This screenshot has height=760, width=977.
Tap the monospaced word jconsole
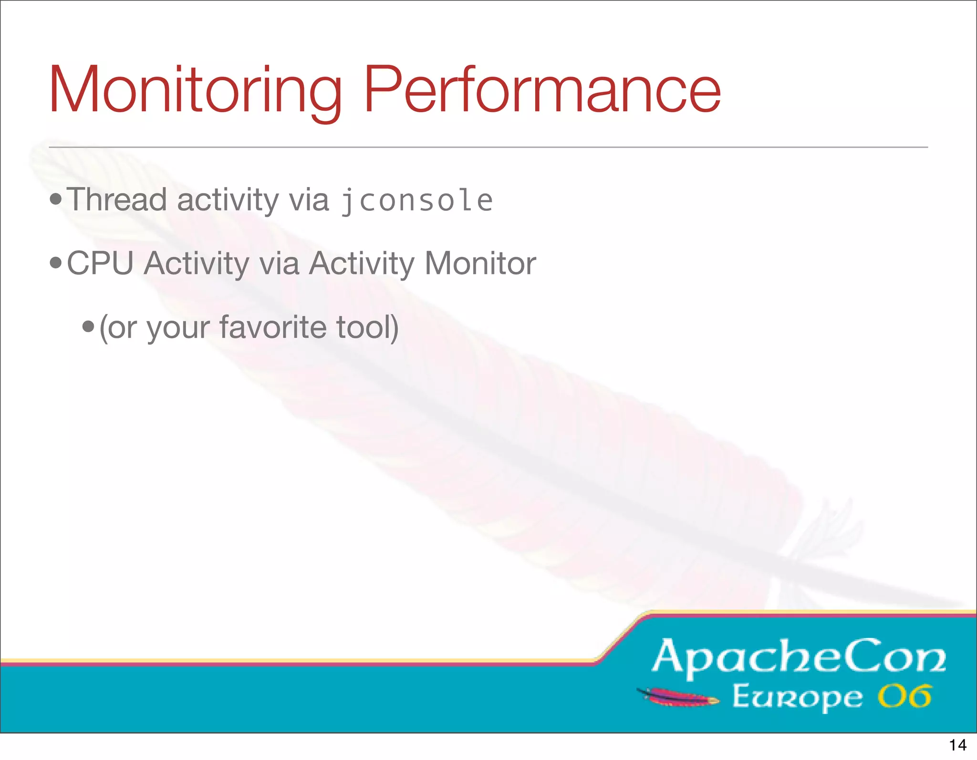[x=416, y=200]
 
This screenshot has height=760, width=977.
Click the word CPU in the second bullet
[x=100, y=263]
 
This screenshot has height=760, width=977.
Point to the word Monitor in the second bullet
[x=480, y=263]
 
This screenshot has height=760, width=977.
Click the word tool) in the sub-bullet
[x=367, y=327]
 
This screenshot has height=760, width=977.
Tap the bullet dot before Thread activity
[x=56, y=199]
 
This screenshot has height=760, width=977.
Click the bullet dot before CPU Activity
[x=56, y=263]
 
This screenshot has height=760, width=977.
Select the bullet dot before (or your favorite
[x=88, y=327]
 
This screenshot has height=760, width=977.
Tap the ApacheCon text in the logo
[x=799, y=657]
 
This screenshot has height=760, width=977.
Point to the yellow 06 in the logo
[x=904, y=697]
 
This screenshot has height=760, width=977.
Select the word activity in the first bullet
[x=228, y=199]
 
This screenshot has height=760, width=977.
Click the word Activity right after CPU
[x=196, y=263]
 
